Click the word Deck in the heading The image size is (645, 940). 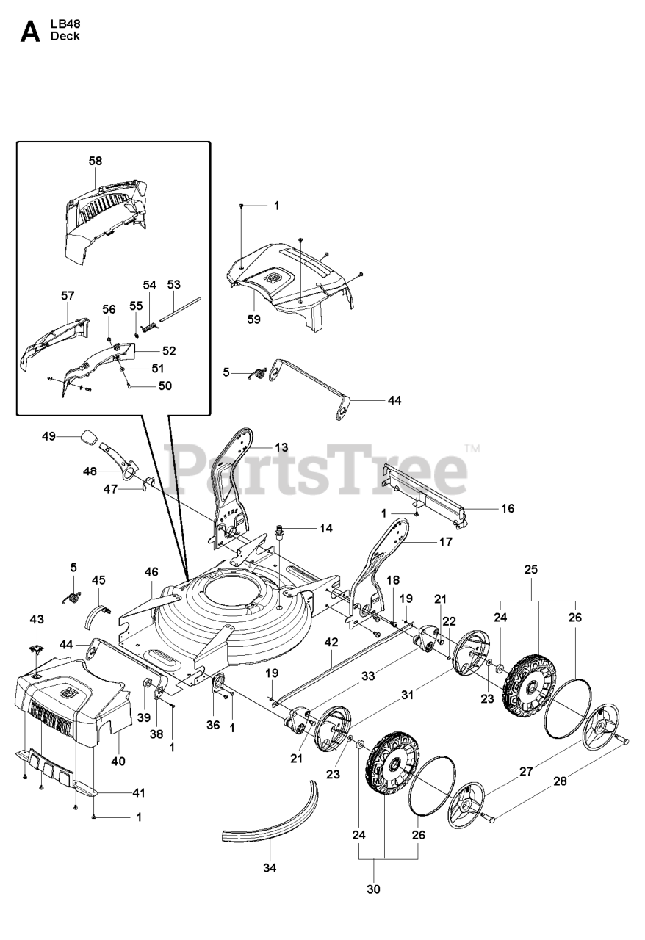[x=65, y=36]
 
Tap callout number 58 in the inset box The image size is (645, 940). [x=96, y=161]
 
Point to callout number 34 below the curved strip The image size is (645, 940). [x=270, y=867]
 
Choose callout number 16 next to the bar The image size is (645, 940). [x=507, y=507]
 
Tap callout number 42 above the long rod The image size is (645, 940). [x=331, y=641]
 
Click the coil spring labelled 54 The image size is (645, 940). [x=148, y=306]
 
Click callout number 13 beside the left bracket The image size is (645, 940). [x=261, y=446]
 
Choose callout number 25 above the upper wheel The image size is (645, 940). [x=531, y=569]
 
